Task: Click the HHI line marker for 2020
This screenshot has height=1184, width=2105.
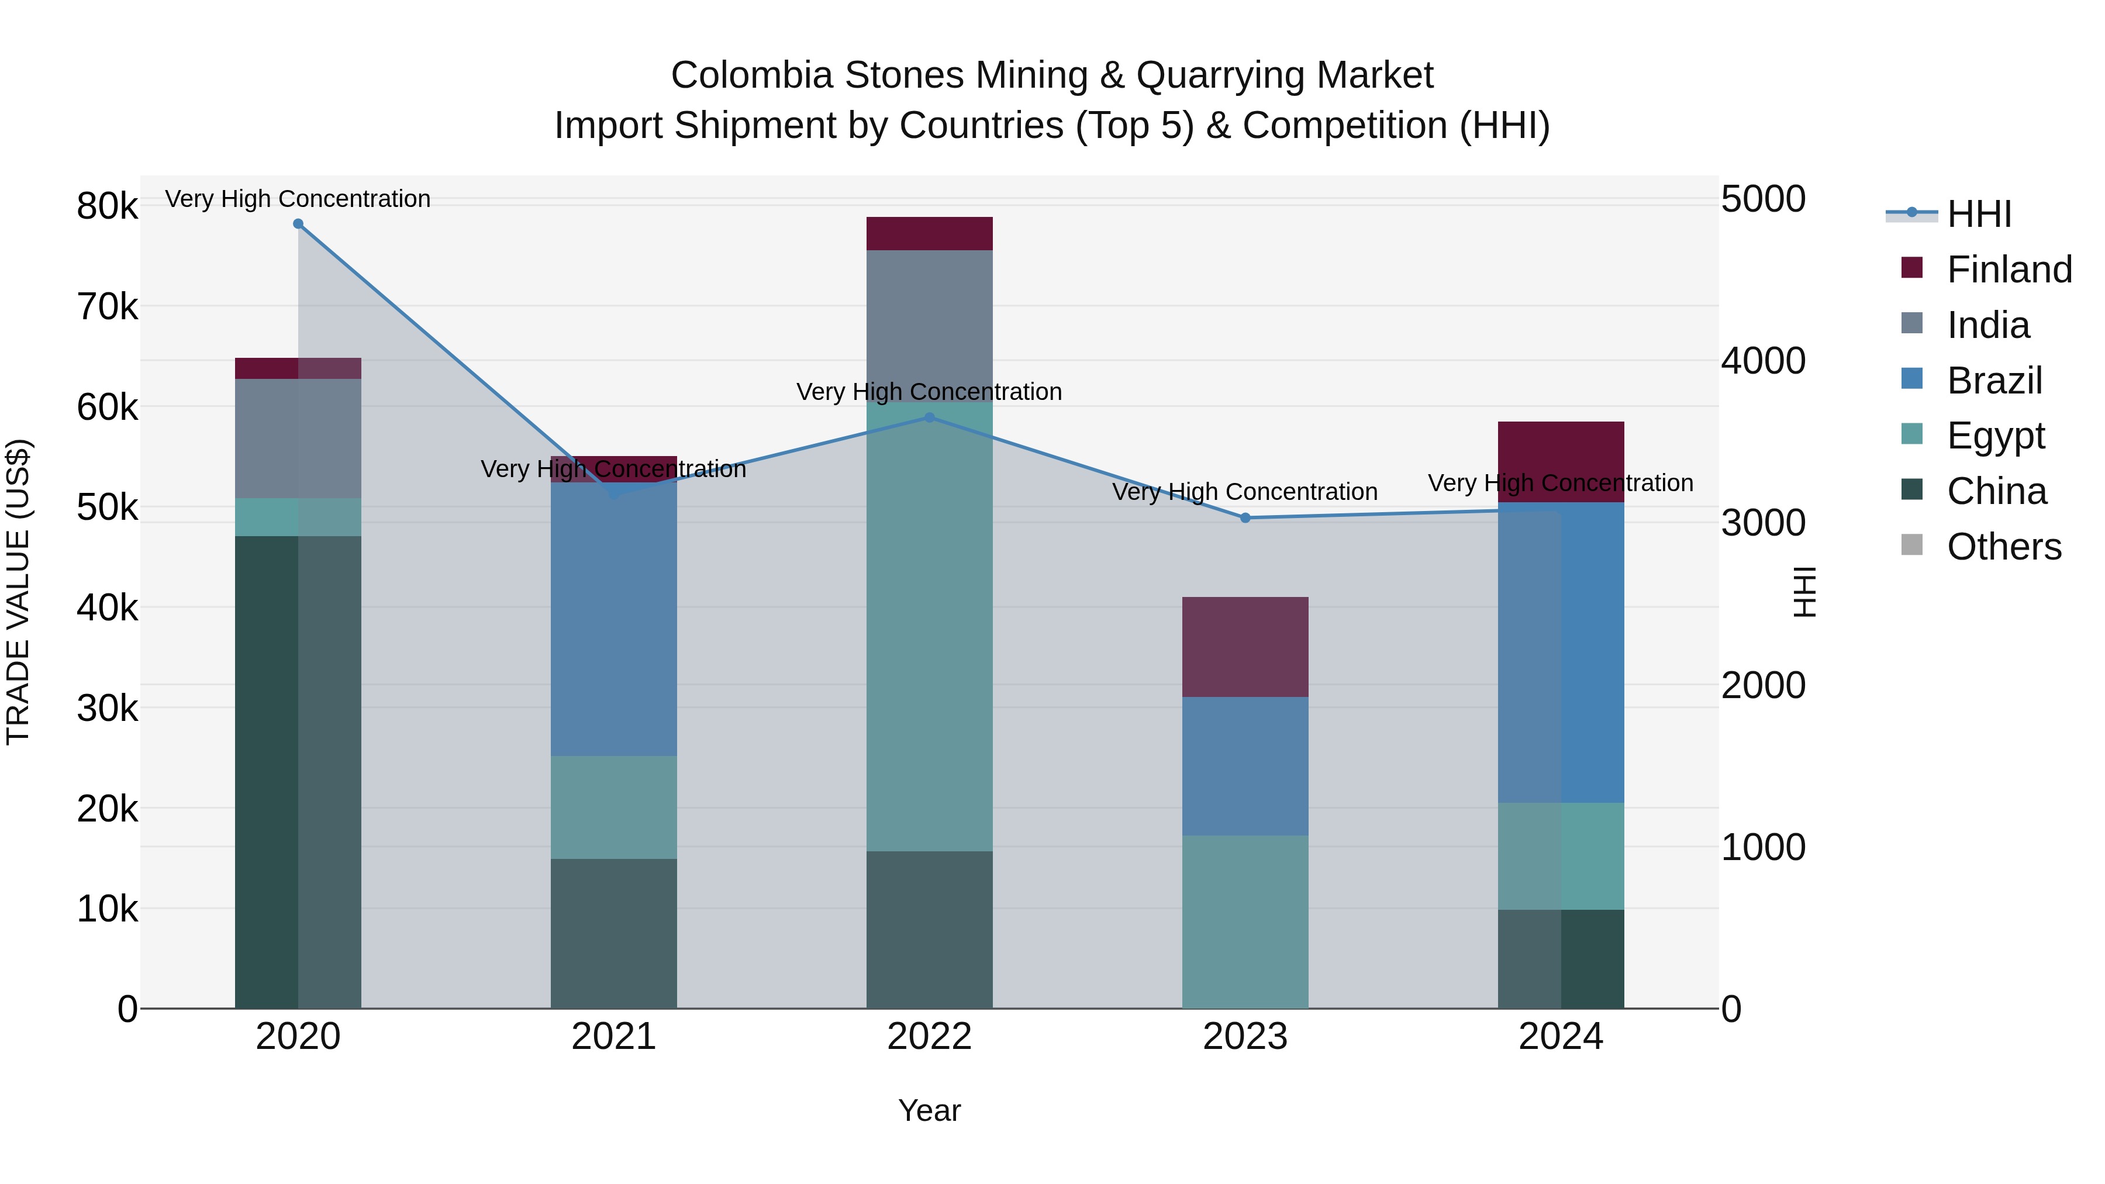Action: click(298, 224)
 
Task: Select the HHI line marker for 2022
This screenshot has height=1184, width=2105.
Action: click(929, 417)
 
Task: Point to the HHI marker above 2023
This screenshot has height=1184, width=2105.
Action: click(1245, 518)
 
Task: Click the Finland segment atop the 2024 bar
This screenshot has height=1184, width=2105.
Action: click(1561, 450)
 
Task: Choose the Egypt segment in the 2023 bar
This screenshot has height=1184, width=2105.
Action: click(1245, 921)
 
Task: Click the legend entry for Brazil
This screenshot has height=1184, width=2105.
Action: click(1994, 381)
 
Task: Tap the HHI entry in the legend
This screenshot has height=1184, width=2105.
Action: click(1978, 214)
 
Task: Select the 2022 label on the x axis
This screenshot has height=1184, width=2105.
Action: click(929, 1037)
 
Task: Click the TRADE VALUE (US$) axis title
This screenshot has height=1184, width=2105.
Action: click(18, 592)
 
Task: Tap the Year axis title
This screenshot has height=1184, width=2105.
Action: click(929, 1110)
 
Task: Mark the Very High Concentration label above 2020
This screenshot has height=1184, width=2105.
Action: click(298, 199)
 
